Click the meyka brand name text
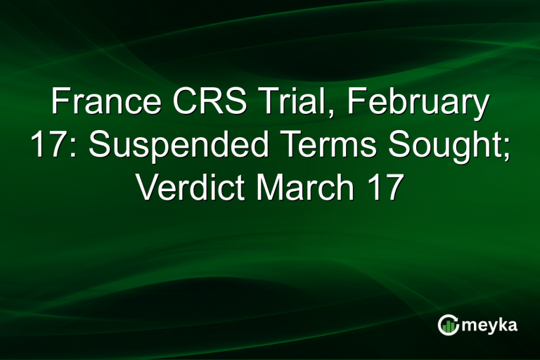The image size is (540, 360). click(491, 325)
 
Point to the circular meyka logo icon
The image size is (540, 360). click(448, 324)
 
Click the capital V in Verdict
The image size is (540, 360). click(146, 188)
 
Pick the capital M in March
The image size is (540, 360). click(271, 188)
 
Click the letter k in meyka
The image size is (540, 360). click(503, 323)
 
